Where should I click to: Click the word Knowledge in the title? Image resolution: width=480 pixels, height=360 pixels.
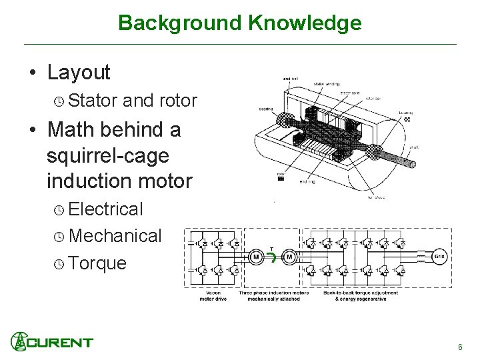point(305,23)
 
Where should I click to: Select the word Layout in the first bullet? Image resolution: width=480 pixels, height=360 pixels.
point(79,72)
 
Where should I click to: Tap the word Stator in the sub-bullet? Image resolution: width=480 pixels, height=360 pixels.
point(93,101)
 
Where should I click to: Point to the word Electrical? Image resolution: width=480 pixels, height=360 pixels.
point(105,209)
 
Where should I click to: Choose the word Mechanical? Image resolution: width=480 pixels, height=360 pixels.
point(115,236)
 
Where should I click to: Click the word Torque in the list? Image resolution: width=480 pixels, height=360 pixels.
point(97,263)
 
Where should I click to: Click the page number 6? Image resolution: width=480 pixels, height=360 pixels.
point(460,347)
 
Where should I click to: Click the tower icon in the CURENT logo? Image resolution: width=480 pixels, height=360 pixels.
point(19,341)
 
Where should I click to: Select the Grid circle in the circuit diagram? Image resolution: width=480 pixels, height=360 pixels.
point(440,256)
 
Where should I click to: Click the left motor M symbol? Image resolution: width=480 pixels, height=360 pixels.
point(255,257)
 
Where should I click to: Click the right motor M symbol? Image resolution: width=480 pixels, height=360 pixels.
point(289,257)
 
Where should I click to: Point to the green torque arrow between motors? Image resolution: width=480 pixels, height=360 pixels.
point(272,257)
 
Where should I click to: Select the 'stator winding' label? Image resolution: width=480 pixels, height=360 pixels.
point(326,84)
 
